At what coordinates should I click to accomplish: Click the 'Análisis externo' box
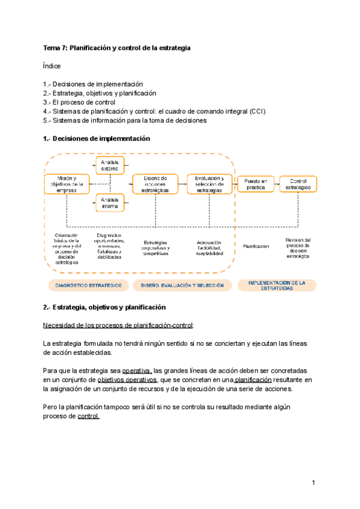click(x=110, y=165)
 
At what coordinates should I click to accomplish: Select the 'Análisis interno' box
click(x=110, y=203)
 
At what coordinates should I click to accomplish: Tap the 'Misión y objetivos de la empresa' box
click(x=67, y=184)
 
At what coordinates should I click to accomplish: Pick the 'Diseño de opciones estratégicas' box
click(x=155, y=184)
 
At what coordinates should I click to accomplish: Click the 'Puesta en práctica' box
click(x=256, y=184)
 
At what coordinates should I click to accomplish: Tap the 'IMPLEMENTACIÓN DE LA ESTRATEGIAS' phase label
click(x=277, y=285)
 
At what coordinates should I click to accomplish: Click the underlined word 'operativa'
click(x=137, y=370)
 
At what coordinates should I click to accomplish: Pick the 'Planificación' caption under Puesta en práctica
click(x=256, y=246)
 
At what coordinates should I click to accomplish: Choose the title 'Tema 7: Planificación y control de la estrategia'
click(x=117, y=48)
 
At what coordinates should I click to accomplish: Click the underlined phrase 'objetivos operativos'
click(x=127, y=380)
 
